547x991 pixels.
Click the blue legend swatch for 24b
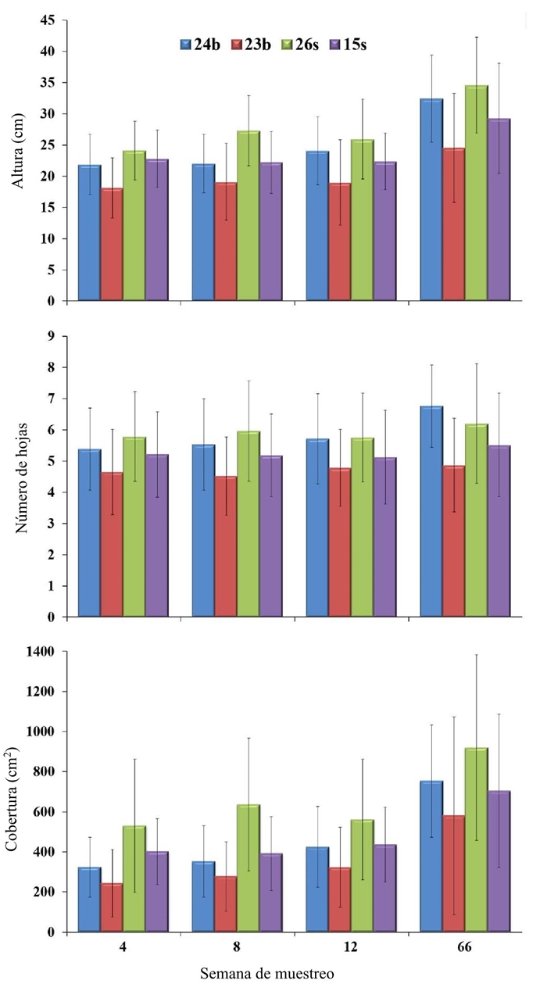(188, 45)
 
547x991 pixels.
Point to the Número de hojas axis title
(17, 477)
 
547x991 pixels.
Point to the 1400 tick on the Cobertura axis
(39, 652)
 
